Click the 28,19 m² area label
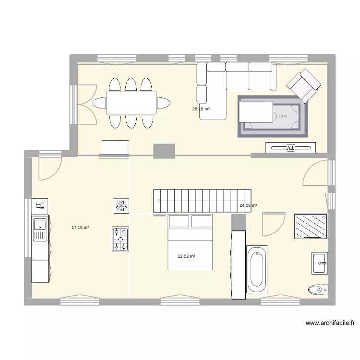pos(201,109)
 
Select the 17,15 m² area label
pos(80,228)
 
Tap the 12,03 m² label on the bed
pos(186,256)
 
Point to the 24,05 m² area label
pos(248,205)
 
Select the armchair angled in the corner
pos(303,85)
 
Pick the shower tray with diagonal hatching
pos(311,226)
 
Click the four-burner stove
pos(120,239)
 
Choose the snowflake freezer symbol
pos(120,206)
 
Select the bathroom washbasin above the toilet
pos(319,263)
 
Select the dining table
pos(132,103)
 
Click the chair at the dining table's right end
pos(164,103)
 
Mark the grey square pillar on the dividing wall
pos(164,151)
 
